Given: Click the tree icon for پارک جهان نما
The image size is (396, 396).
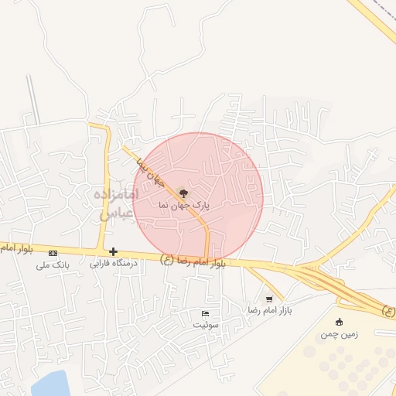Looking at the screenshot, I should (x=183, y=193).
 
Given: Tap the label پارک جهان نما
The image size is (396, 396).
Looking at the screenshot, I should (x=183, y=206).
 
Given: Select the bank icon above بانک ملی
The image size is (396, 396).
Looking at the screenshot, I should (x=53, y=253).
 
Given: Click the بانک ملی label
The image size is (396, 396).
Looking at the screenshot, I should (x=53, y=265).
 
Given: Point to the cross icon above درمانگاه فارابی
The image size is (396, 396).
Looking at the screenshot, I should (x=114, y=251).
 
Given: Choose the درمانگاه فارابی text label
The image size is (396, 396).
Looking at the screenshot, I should (x=114, y=264).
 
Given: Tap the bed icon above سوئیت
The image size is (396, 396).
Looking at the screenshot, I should (x=205, y=313).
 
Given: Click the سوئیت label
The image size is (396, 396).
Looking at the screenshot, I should (x=205, y=325).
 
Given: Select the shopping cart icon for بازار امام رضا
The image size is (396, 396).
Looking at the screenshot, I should (x=269, y=299).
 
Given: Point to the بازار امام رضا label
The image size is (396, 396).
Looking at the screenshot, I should (x=268, y=310).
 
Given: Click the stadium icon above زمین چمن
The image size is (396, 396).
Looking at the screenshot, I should (x=339, y=322).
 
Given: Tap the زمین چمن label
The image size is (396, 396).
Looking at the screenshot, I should (x=339, y=334).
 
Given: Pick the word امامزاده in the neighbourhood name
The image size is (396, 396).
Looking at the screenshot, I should (x=114, y=196).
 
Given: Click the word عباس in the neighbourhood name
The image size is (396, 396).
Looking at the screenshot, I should (x=114, y=213).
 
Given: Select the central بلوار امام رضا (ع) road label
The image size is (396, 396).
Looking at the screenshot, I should (x=193, y=261).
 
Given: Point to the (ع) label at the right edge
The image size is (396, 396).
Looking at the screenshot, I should (x=388, y=312).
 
